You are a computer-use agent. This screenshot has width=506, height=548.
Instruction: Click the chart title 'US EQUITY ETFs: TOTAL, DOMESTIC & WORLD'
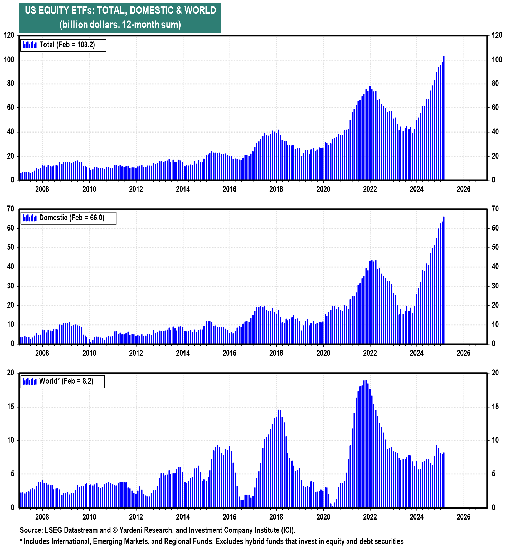[x=120, y=10]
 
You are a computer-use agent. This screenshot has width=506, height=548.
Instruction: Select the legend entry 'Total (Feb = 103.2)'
[x=67, y=45]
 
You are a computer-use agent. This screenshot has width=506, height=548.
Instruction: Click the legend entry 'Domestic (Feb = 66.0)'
[x=71, y=218]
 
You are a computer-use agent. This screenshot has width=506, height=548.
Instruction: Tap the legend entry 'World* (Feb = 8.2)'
[x=66, y=381]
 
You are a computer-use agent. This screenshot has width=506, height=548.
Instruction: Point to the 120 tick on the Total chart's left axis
[x=9, y=35]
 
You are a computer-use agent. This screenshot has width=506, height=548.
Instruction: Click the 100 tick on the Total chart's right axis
[x=497, y=60]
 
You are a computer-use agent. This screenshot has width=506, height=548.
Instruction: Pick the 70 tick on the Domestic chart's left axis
[x=10, y=209]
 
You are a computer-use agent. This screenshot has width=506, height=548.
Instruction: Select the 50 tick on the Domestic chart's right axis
[x=495, y=247]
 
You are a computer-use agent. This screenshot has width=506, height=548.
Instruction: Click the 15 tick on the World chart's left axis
[x=10, y=407]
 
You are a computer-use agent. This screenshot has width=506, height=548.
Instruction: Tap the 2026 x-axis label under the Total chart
[x=463, y=189]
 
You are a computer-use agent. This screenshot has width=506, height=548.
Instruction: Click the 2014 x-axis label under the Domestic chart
[x=183, y=353]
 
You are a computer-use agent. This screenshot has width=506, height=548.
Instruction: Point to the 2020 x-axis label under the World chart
[x=323, y=517]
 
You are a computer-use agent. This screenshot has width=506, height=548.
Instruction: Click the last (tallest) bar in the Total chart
[x=444, y=118]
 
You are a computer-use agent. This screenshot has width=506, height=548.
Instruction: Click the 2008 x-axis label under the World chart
[x=42, y=517]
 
